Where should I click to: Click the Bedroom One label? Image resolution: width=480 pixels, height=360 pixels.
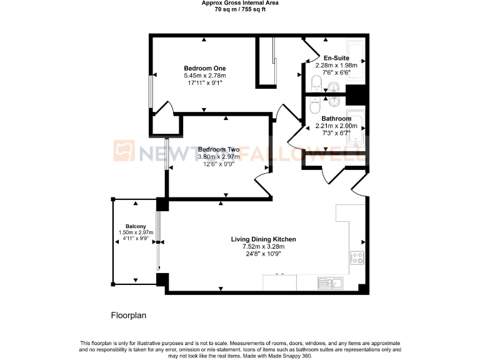point(205,68)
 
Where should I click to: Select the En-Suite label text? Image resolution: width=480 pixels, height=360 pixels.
point(336,57)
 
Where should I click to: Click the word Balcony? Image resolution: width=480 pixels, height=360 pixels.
point(136,226)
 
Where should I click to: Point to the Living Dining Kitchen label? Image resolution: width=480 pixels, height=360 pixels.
point(263,239)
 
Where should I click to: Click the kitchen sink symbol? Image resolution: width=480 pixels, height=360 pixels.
point(329,283)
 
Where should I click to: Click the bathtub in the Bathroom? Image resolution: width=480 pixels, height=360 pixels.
point(357,136)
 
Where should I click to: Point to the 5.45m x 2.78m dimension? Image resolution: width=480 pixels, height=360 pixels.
point(205,76)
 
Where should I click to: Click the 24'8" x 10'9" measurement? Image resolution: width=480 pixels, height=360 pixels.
point(263,254)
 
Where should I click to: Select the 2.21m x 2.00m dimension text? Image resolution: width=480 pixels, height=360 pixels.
point(336,126)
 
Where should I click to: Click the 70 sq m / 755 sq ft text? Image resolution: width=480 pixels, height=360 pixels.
point(240,10)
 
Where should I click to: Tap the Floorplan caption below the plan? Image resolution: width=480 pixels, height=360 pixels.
point(128,316)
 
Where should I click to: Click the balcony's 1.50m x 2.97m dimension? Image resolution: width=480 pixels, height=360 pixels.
point(136,232)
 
